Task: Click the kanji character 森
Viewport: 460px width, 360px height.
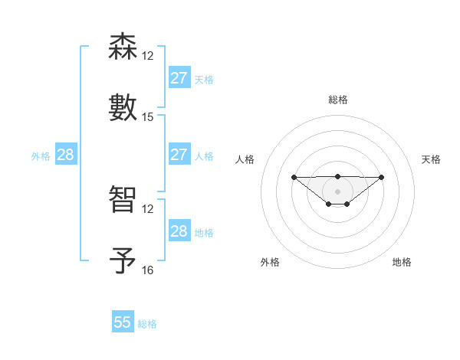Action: (x=123, y=47)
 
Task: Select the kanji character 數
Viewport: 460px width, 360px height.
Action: (x=123, y=107)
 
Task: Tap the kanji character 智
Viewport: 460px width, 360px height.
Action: (x=123, y=199)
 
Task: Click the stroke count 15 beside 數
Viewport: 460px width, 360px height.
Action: (x=148, y=117)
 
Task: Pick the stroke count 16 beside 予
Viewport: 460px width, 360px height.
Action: (x=148, y=270)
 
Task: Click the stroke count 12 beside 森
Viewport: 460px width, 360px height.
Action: (x=148, y=56)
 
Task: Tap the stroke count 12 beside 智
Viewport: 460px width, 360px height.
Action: (x=148, y=209)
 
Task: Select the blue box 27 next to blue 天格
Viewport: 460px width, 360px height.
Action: (x=179, y=78)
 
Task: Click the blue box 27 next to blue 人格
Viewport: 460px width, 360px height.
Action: (x=179, y=155)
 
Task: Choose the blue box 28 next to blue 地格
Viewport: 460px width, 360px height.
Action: (x=179, y=231)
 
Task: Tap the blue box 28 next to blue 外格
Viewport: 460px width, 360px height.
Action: (x=66, y=155)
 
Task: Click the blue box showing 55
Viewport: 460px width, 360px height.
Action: (x=123, y=322)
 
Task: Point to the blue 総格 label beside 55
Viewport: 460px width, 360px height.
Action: (x=148, y=324)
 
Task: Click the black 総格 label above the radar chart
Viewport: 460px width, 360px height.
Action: (x=337, y=100)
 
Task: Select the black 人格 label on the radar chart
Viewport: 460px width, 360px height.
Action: (x=245, y=159)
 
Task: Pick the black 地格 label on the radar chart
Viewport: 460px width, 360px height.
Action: (x=402, y=262)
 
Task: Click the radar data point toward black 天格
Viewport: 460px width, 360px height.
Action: (x=382, y=177)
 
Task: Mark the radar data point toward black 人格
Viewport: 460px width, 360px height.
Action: (x=294, y=177)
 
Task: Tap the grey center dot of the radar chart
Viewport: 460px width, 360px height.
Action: (x=337, y=191)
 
